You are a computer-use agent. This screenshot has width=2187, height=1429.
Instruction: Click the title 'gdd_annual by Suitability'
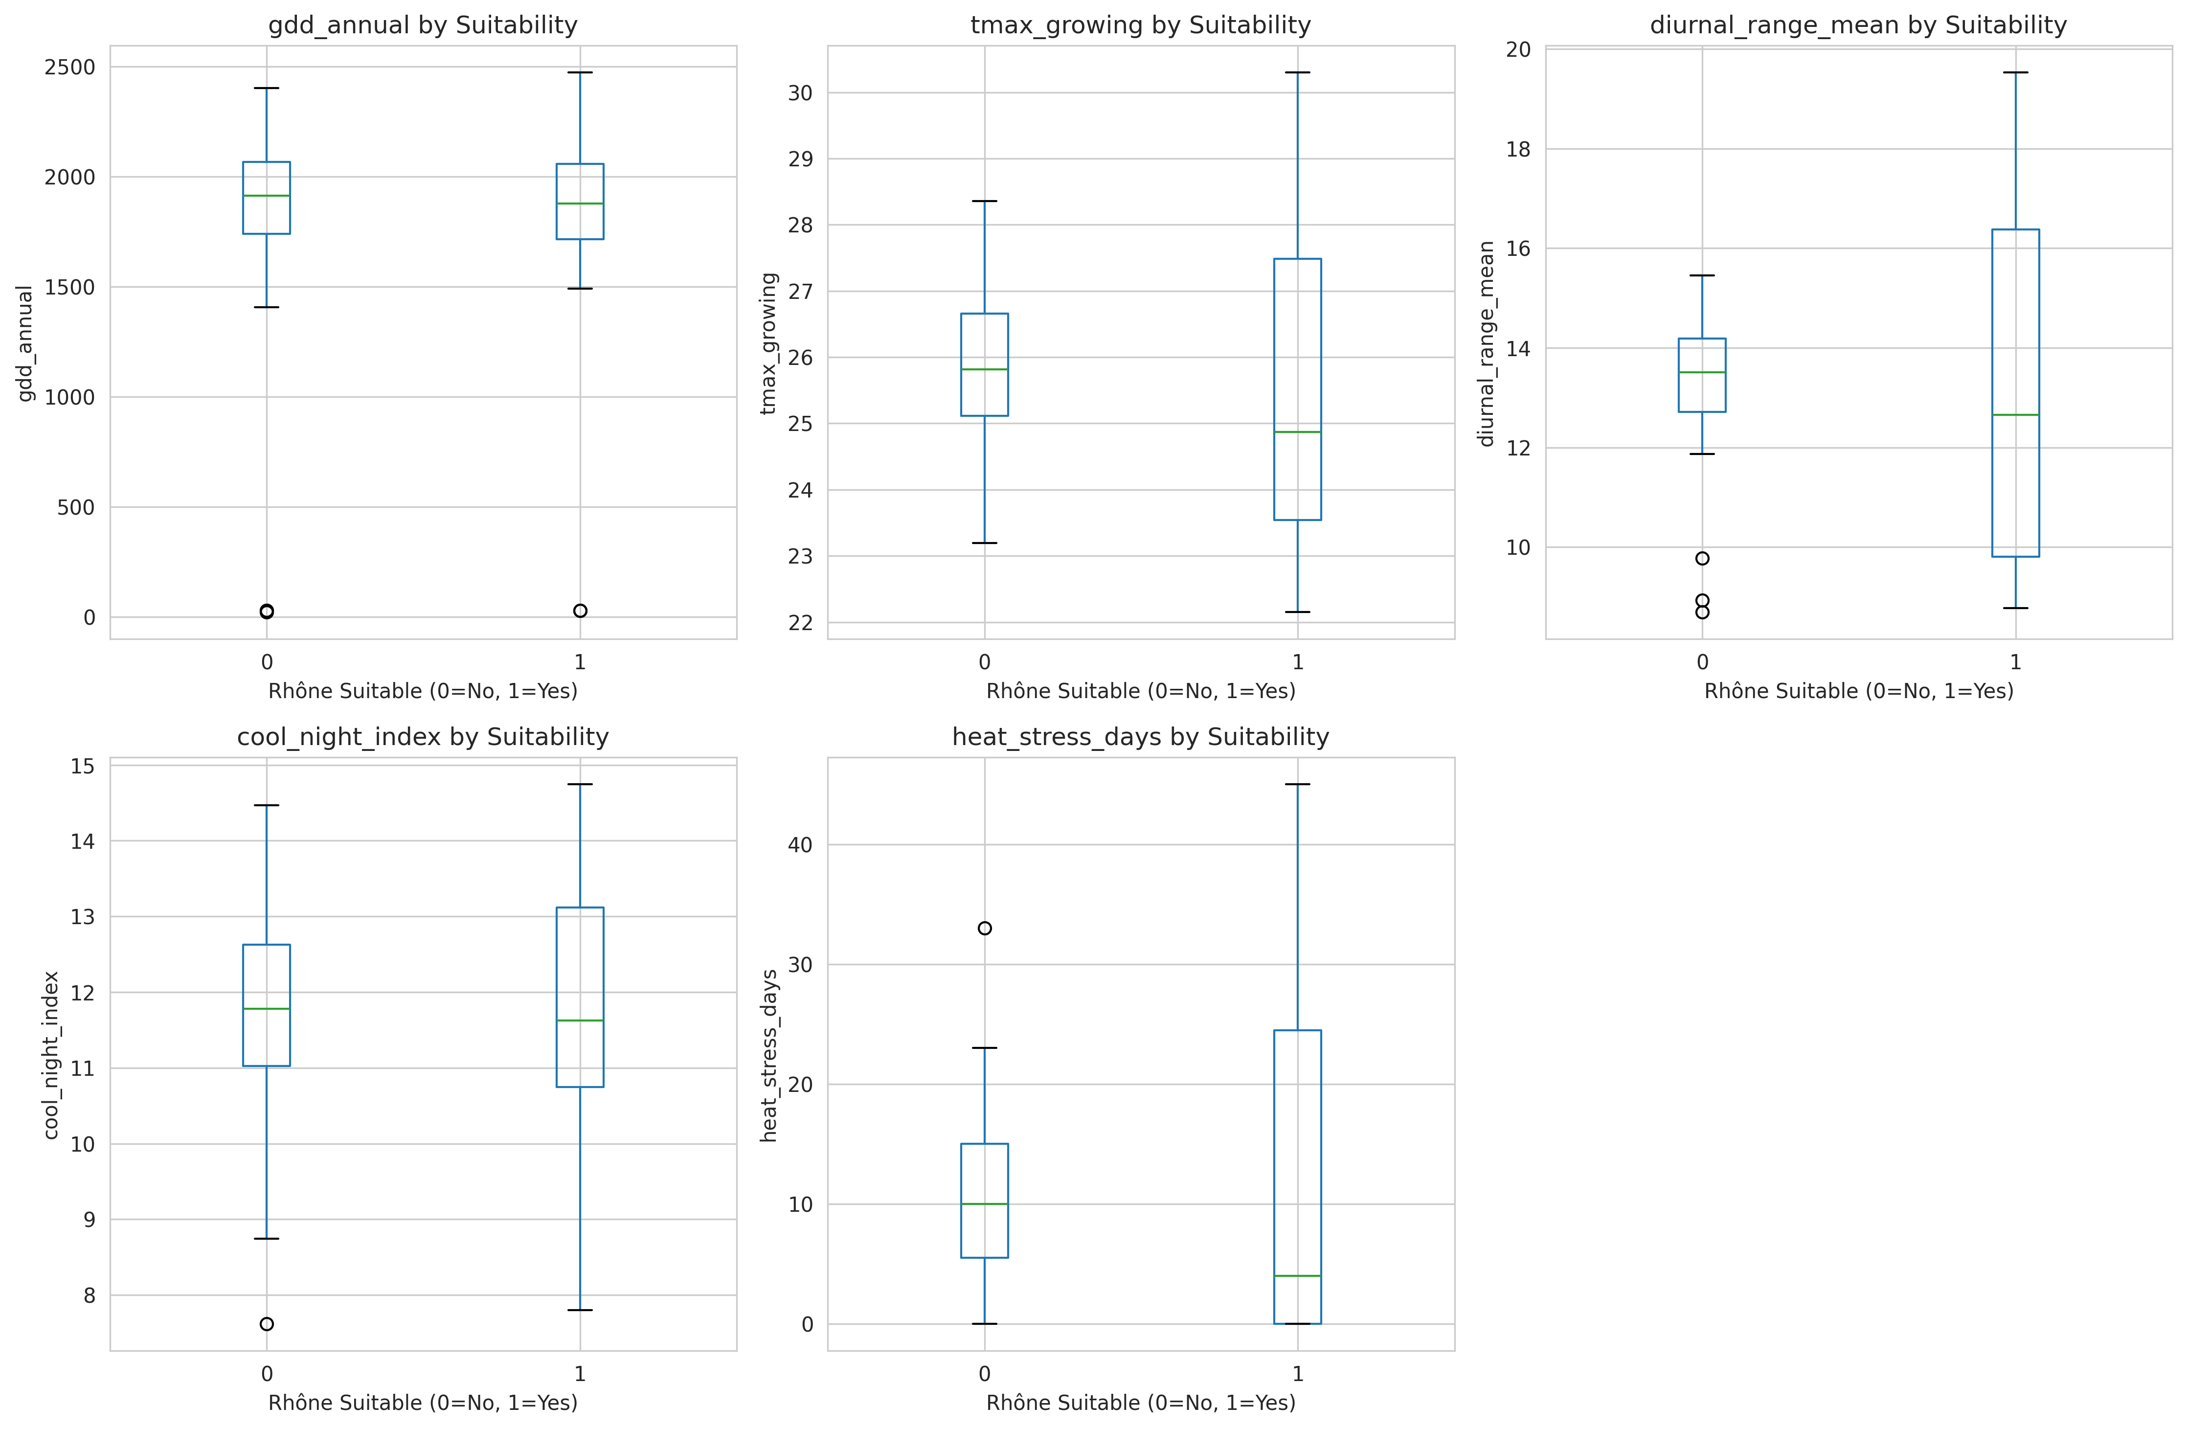point(423,25)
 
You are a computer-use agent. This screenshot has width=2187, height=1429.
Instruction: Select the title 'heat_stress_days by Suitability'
point(1140,737)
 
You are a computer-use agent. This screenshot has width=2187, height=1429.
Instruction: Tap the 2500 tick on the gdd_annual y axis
point(70,67)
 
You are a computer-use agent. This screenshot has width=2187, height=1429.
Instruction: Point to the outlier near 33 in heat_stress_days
point(984,928)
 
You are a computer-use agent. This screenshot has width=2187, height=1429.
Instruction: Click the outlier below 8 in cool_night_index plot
point(267,1324)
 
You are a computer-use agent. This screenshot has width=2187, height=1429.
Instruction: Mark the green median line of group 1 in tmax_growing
point(1298,432)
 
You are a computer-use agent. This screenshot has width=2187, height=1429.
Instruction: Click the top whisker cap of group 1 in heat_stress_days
point(1298,785)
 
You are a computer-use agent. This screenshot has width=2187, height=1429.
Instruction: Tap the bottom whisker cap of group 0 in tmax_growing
point(984,543)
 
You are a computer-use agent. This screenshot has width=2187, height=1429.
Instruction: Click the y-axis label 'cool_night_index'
point(51,1055)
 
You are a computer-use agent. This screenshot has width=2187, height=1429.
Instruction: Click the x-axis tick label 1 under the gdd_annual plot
point(580,661)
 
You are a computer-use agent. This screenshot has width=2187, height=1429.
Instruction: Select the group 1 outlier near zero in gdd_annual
point(580,611)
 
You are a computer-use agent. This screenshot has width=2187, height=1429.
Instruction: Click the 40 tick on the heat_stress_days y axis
point(800,844)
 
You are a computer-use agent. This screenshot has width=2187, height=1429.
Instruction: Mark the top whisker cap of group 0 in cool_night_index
point(267,805)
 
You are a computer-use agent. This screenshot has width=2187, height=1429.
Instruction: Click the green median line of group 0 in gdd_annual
point(267,196)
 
